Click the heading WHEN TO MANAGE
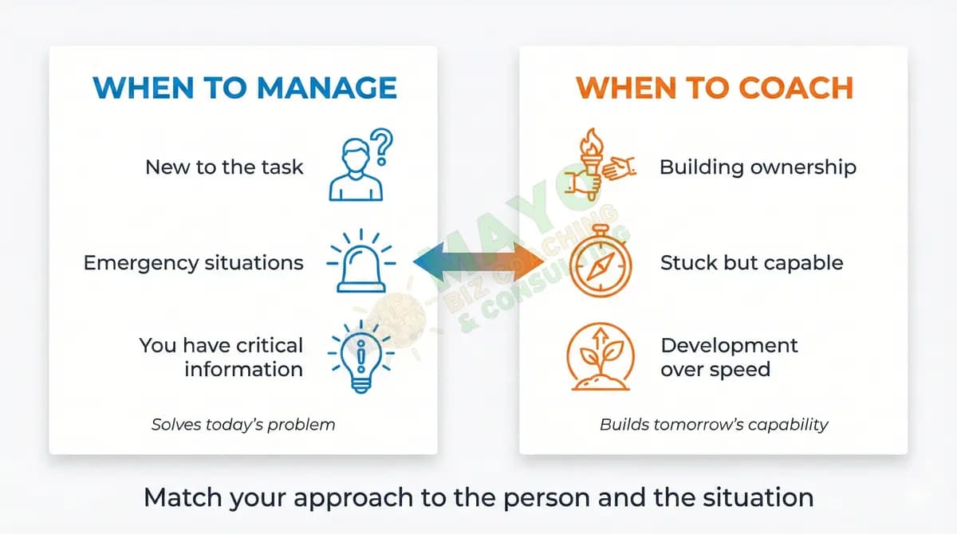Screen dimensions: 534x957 pos(245,88)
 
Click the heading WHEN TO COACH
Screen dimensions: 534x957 pos(715,88)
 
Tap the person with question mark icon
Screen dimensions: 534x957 pos(358,168)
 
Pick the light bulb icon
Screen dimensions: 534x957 pos(361,356)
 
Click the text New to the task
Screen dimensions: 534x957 pos(224,167)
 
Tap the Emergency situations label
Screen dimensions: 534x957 pos(193,263)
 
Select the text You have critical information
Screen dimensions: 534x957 pos(222,357)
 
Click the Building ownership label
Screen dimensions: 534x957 pos(758,167)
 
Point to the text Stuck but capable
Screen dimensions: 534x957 pos(751,263)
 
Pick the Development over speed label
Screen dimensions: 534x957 pos(728,357)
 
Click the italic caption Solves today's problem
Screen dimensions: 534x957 pos(243,424)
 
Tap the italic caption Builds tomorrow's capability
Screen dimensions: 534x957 pos(714,424)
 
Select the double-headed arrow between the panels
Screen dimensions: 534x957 pos(478,262)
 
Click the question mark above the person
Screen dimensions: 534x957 pos(384,147)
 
